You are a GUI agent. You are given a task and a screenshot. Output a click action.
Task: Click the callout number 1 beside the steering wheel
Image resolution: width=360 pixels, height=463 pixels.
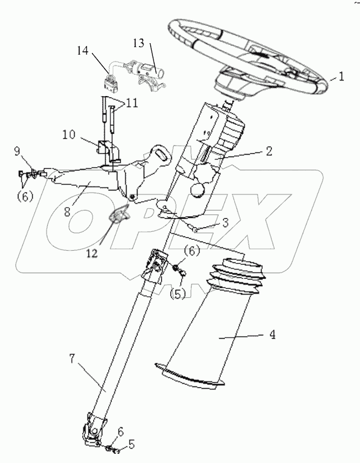coord(341,75)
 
